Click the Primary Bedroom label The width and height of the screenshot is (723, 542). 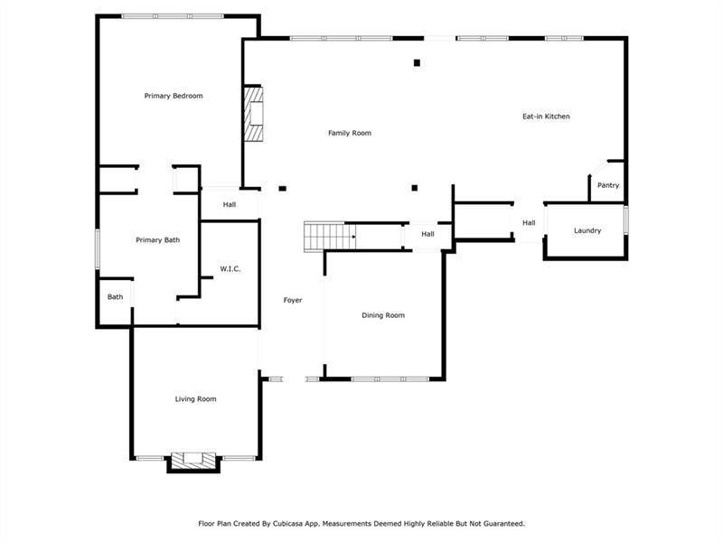pyautogui.click(x=174, y=96)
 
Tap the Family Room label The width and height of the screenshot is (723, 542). pyautogui.click(x=350, y=133)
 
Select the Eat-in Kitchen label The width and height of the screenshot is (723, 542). pyautogui.click(x=546, y=117)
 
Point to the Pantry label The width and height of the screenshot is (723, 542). pyautogui.click(x=608, y=185)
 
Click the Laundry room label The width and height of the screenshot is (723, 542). pyautogui.click(x=587, y=230)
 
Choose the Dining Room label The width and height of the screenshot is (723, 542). pyautogui.click(x=383, y=315)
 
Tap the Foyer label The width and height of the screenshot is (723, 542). pyautogui.click(x=293, y=300)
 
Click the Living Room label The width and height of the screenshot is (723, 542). pyautogui.click(x=195, y=398)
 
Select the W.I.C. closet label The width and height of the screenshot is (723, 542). pyautogui.click(x=230, y=268)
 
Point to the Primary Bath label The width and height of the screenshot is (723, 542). pyautogui.click(x=157, y=239)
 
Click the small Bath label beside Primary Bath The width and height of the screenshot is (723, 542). pyautogui.click(x=116, y=297)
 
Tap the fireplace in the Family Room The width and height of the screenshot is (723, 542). pyautogui.click(x=253, y=114)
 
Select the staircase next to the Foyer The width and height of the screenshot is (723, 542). pyautogui.click(x=330, y=237)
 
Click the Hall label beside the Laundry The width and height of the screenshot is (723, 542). pyautogui.click(x=529, y=222)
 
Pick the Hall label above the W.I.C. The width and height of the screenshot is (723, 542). pyautogui.click(x=230, y=205)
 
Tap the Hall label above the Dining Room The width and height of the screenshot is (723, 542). pyautogui.click(x=427, y=234)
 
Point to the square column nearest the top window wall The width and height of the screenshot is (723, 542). pyautogui.click(x=417, y=62)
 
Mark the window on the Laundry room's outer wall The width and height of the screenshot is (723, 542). pyautogui.click(x=626, y=220)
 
